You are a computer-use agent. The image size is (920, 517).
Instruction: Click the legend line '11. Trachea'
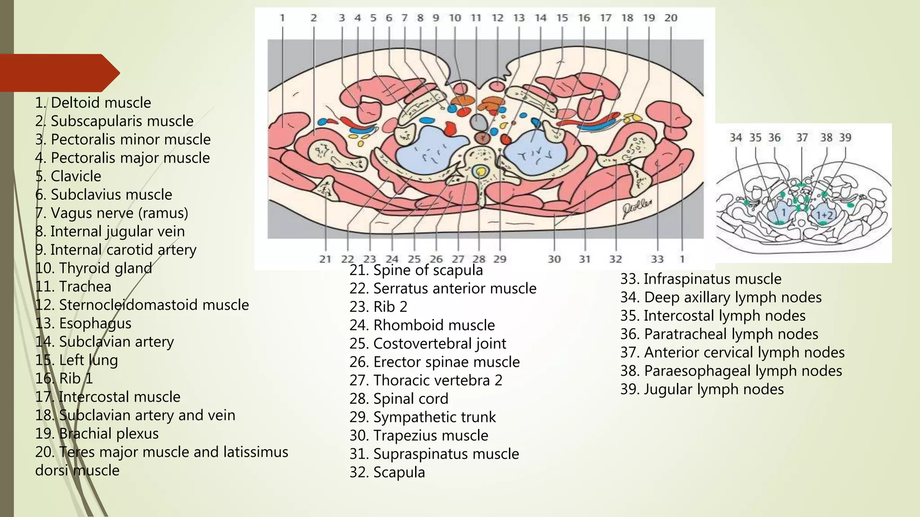coord(73,286)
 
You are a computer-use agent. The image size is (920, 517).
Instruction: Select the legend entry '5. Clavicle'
coord(68,176)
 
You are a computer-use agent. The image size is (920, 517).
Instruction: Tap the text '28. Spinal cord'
coord(398,399)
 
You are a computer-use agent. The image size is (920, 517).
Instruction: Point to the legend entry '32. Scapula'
coord(387,472)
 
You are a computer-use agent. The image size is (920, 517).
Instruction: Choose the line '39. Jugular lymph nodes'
coord(702,389)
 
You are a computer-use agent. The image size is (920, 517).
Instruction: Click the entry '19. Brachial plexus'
coord(97,434)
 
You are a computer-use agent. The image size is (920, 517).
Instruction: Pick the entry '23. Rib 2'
coord(378,307)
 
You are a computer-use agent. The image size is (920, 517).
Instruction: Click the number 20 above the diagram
coord(671,18)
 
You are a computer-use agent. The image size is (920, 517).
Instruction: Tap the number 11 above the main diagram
coord(476,18)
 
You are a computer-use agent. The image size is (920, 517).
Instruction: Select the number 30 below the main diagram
coord(554,259)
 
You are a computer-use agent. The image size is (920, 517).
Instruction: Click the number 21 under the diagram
coord(325,259)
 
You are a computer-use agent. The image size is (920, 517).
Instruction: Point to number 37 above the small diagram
coord(802,137)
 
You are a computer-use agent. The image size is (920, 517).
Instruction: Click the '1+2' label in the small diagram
coord(824,215)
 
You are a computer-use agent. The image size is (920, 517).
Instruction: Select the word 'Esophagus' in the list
coord(95,323)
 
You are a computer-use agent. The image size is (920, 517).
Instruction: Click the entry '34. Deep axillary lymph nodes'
coord(721,297)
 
